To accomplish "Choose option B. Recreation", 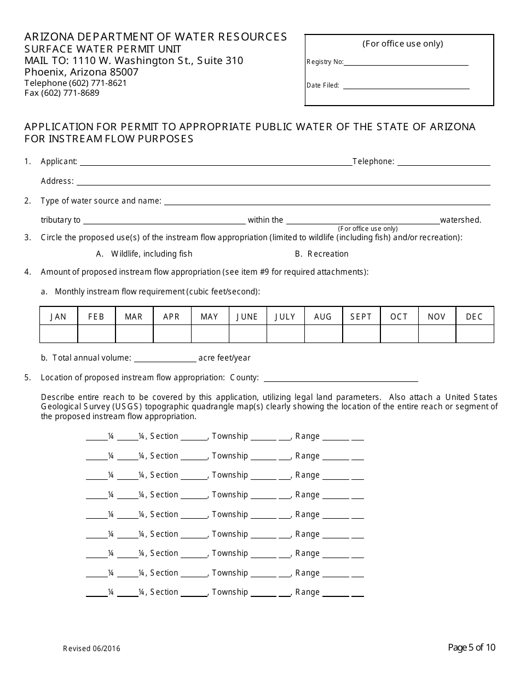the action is [321, 254].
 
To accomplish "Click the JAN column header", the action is [59, 317].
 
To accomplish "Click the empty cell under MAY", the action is [210, 334].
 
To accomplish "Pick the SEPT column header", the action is [361, 317].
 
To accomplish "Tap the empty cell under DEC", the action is [475, 334].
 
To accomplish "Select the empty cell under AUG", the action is [323, 334].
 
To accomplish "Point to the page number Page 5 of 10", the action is [471, 648].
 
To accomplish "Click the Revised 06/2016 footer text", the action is [91, 649].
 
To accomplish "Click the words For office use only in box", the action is [403, 44].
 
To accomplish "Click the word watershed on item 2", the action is [460, 220].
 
